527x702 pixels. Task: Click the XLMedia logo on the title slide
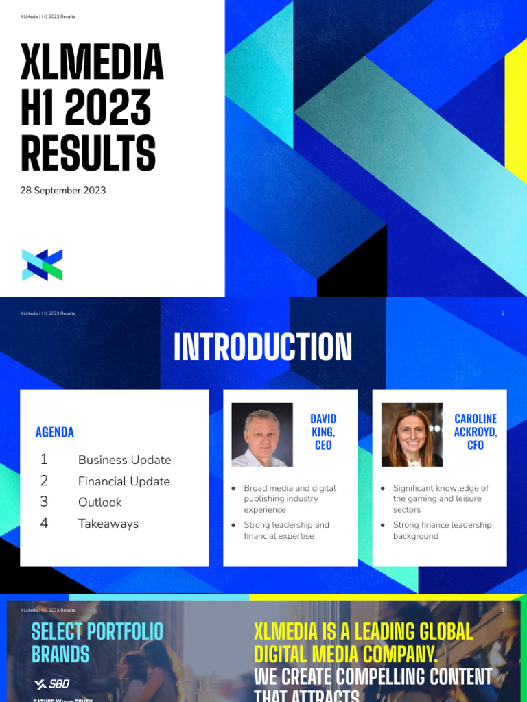click(x=42, y=265)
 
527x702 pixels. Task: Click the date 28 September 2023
click(x=63, y=190)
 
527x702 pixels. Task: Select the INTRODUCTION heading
click(x=263, y=347)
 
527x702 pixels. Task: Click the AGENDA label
click(x=54, y=432)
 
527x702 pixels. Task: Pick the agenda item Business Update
click(x=124, y=460)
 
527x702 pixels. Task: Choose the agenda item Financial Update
click(x=124, y=481)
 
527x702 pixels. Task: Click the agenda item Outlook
click(x=99, y=503)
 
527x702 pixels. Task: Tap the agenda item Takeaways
click(x=108, y=524)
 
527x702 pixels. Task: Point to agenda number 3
click(x=44, y=502)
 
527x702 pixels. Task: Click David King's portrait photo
click(x=262, y=435)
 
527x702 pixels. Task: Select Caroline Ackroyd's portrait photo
click(x=412, y=435)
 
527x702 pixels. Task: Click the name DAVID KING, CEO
click(x=323, y=432)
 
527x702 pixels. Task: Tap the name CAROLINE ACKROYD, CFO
click(x=476, y=432)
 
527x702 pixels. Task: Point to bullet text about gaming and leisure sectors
click(x=441, y=499)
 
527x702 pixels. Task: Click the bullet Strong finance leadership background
click(x=442, y=530)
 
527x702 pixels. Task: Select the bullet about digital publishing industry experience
click(x=290, y=499)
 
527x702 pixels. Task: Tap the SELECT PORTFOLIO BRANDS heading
click(x=97, y=642)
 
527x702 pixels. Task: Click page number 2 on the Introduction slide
click(x=503, y=313)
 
